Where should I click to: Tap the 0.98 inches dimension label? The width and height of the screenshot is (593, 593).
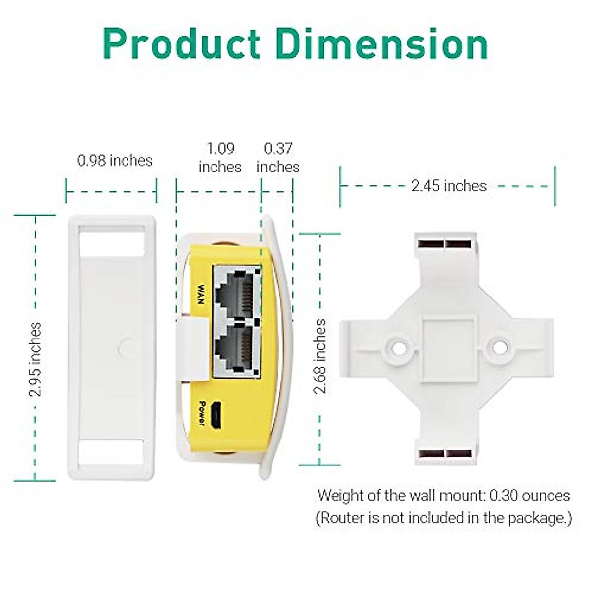(115, 160)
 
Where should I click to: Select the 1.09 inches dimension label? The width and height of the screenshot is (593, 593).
(220, 158)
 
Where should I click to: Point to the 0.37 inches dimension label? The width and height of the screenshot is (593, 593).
(278, 158)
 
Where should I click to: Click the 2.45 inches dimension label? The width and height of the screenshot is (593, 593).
(449, 186)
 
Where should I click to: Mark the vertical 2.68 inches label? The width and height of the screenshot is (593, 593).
(321, 356)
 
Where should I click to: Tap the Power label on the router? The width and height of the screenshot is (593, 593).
(201, 413)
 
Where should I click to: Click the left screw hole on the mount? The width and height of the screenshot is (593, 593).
(398, 347)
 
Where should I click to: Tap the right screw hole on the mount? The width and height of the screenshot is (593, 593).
(500, 347)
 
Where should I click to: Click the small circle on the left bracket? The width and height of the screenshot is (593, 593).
(126, 347)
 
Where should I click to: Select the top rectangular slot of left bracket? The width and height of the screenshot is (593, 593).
(112, 242)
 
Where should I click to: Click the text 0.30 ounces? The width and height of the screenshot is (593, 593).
(530, 495)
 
